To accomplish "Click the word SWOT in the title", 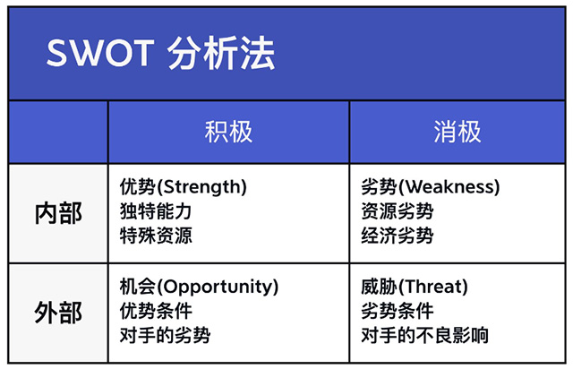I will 100,55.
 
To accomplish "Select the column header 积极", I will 228,132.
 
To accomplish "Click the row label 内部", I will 58,212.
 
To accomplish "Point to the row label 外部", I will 58,313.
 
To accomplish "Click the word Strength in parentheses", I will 201,187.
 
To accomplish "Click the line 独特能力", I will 155,212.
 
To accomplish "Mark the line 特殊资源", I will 155,236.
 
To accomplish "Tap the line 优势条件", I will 155,312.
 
